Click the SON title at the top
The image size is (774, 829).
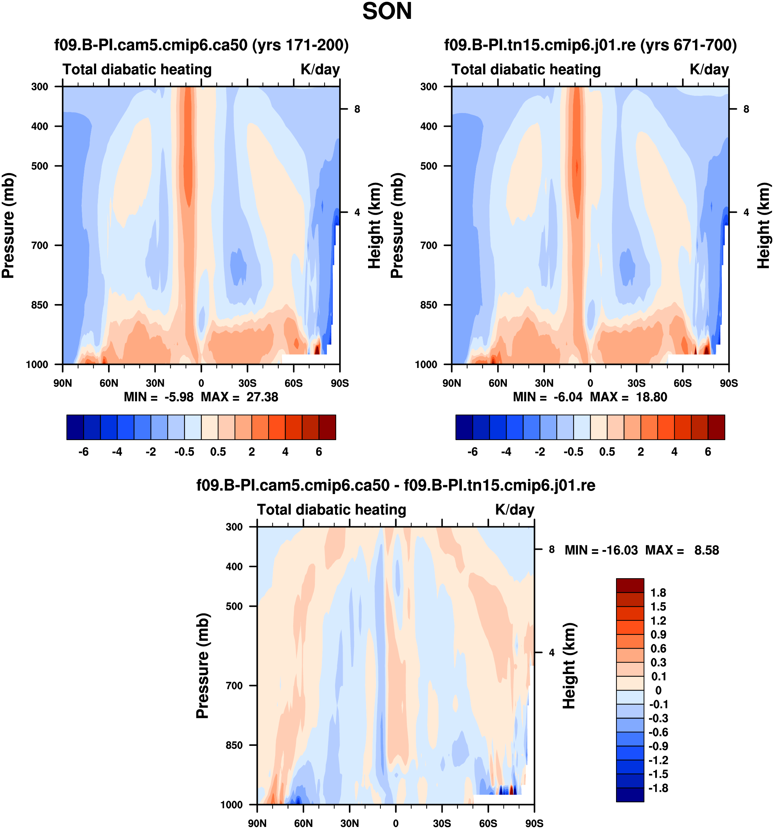coord(387,12)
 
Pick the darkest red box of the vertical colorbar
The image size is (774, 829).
coord(630,585)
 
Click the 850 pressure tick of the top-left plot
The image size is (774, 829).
coord(39,305)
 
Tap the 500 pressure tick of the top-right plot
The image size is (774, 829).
coord(429,166)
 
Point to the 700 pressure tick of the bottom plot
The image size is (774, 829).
coord(234,685)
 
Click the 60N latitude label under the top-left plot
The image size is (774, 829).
coord(109,383)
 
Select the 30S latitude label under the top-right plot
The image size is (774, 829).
coord(636,383)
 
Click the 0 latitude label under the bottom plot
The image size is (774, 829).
coord(396,823)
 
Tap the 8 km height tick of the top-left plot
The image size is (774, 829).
coord(357,109)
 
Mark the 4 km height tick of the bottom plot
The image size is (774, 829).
coord(552,653)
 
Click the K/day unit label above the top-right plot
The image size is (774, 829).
coord(709,69)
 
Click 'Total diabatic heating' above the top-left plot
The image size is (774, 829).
coord(137,69)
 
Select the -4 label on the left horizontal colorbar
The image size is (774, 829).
coord(117,452)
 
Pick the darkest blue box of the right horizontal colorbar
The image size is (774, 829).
coord(464,427)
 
